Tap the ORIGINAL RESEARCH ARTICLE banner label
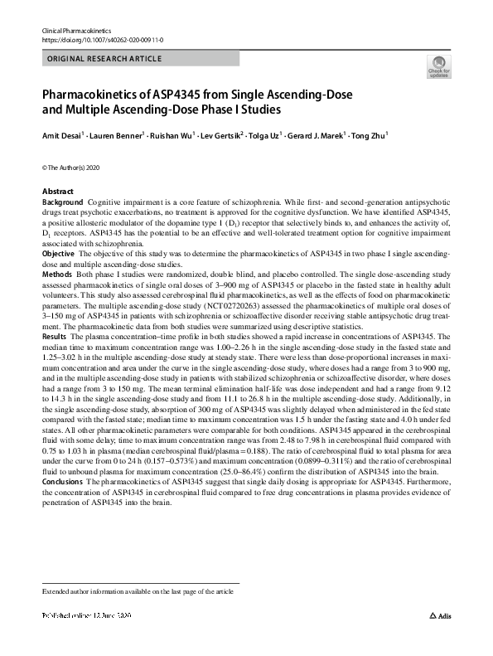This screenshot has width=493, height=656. tap(104, 59)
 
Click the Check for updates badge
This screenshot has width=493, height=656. tap(437, 67)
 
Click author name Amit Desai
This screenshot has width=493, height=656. tap(61, 134)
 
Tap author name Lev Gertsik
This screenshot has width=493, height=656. tap(224, 134)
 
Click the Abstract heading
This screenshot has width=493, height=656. tap(58, 192)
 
